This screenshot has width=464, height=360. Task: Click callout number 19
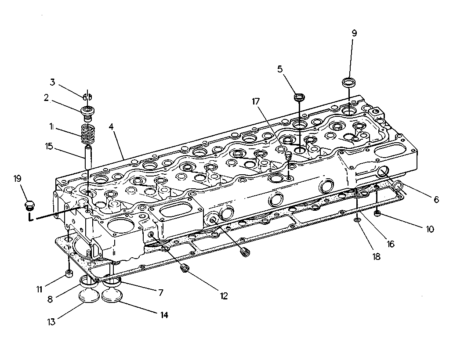coord(18,178)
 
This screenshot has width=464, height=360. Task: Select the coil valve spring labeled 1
coord(87,134)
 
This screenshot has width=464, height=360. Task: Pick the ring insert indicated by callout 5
coord(300,97)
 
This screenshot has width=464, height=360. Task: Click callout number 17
coord(256,101)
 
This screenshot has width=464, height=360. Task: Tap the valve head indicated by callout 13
coord(88,297)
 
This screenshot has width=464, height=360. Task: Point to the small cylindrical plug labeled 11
coord(69,274)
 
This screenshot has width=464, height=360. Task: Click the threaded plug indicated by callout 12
coord(185,268)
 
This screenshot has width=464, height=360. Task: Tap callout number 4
coord(111,126)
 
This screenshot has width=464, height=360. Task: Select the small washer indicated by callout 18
coord(358,220)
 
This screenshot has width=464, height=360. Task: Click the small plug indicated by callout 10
coord(377,214)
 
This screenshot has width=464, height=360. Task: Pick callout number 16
coord(391,244)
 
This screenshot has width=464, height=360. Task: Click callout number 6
coord(436,200)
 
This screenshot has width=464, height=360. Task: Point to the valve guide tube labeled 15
coord(88,157)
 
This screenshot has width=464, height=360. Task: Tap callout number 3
coord(52,82)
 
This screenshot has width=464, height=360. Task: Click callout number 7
coord(160,293)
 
